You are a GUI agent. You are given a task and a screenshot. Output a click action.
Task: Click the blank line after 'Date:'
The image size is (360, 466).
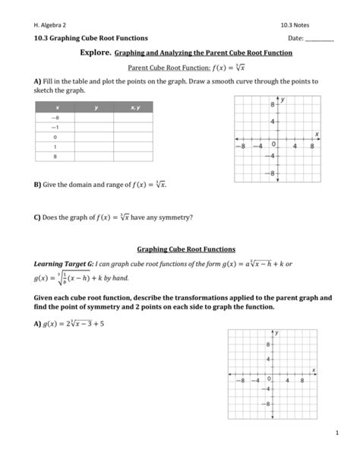319,39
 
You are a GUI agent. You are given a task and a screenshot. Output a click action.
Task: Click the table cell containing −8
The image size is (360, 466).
55,119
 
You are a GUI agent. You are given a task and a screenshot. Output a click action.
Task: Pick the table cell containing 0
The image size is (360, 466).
55,138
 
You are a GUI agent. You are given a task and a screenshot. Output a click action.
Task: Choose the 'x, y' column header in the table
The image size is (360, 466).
134,109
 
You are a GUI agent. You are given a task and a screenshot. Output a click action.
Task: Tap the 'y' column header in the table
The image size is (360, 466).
96,109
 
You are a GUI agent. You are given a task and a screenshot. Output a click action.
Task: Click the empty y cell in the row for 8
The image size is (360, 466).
96,156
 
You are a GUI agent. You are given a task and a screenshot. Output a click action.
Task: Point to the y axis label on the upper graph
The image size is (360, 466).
283,99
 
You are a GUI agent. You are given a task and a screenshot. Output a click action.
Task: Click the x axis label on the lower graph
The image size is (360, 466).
313,369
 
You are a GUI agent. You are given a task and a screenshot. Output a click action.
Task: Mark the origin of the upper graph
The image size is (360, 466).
275,140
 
